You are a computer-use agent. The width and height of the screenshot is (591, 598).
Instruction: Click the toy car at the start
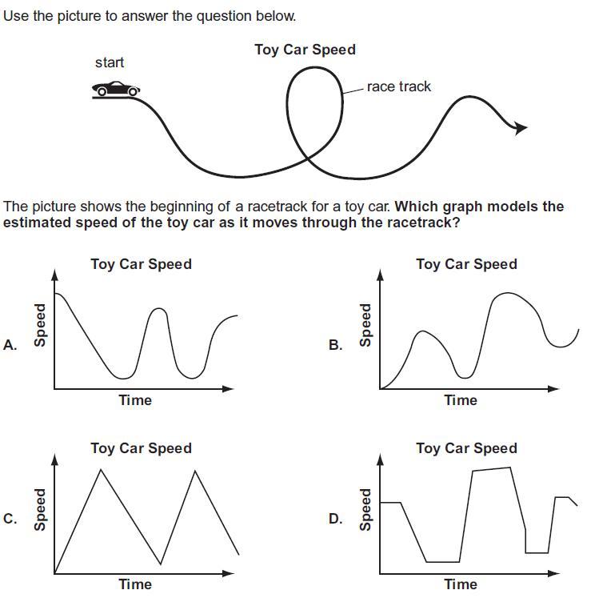[x=117, y=89]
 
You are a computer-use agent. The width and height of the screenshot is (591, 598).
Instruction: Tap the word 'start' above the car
[x=110, y=62]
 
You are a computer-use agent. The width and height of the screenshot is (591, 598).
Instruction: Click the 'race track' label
[x=398, y=86]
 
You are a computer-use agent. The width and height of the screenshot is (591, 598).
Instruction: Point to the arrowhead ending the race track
[x=521, y=127]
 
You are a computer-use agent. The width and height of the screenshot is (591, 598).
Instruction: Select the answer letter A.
[x=10, y=345]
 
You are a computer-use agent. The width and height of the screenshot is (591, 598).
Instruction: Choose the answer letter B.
[x=336, y=345]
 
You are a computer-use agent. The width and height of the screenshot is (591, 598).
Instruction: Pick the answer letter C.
[x=10, y=519]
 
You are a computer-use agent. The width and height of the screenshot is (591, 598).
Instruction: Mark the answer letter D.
[x=336, y=519]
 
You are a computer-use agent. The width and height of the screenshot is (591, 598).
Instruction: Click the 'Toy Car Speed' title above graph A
[x=141, y=263]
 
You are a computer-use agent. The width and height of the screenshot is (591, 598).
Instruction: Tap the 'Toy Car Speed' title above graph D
[x=466, y=448]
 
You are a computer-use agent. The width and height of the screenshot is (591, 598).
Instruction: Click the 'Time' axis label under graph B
[x=461, y=400]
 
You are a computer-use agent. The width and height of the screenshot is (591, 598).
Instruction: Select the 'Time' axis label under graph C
[x=135, y=584]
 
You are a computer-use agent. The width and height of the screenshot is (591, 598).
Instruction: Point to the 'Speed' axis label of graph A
[x=39, y=324]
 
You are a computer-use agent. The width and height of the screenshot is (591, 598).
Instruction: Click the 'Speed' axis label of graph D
[x=365, y=509]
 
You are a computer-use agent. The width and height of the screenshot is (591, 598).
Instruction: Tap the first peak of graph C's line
[x=100, y=469]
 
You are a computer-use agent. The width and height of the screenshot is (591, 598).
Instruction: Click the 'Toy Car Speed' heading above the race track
[x=305, y=50]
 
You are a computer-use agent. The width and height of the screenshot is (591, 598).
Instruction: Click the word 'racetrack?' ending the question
[x=423, y=223]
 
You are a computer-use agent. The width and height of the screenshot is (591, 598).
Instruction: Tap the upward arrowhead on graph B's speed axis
[x=380, y=275]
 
